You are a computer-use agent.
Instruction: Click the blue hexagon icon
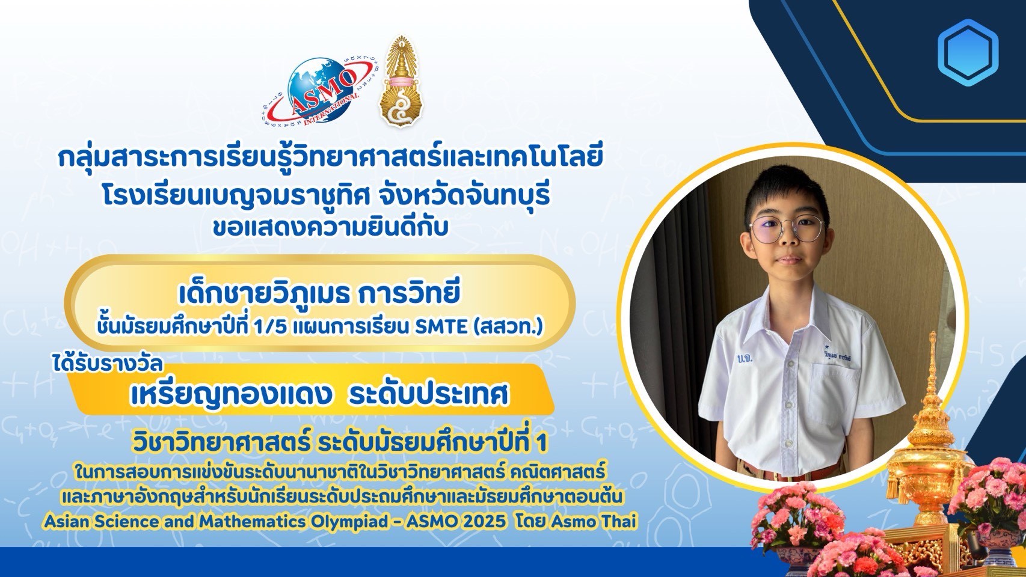(x=968, y=53)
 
